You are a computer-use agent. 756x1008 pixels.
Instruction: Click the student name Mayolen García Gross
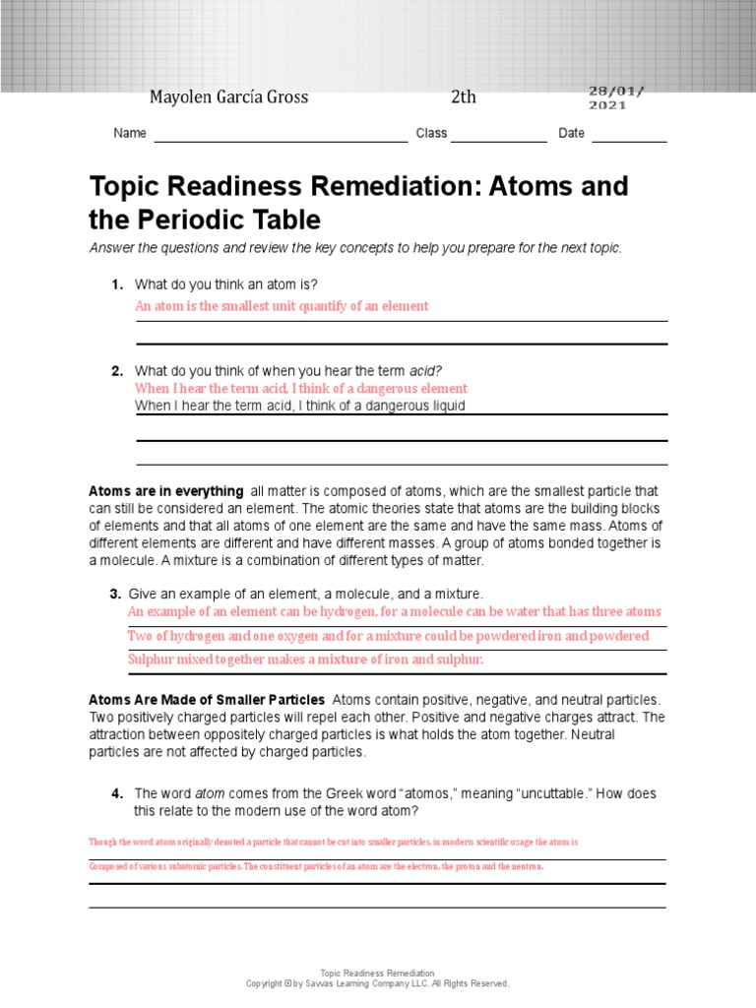point(228,96)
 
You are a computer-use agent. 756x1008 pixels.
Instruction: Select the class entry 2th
point(463,96)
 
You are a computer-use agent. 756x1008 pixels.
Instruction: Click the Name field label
point(130,133)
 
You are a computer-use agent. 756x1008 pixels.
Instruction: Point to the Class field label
point(431,133)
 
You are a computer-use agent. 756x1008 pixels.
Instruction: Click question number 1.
point(117,284)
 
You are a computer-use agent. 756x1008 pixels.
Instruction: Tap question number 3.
point(115,594)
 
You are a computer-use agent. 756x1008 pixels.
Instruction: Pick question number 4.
point(116,793)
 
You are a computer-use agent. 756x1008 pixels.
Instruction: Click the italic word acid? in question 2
point(425,371)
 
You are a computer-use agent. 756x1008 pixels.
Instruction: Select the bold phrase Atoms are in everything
point(166,491)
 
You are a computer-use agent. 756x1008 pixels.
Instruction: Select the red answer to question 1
point(282,306)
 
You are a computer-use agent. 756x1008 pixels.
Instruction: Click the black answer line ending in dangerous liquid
point(300,406)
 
